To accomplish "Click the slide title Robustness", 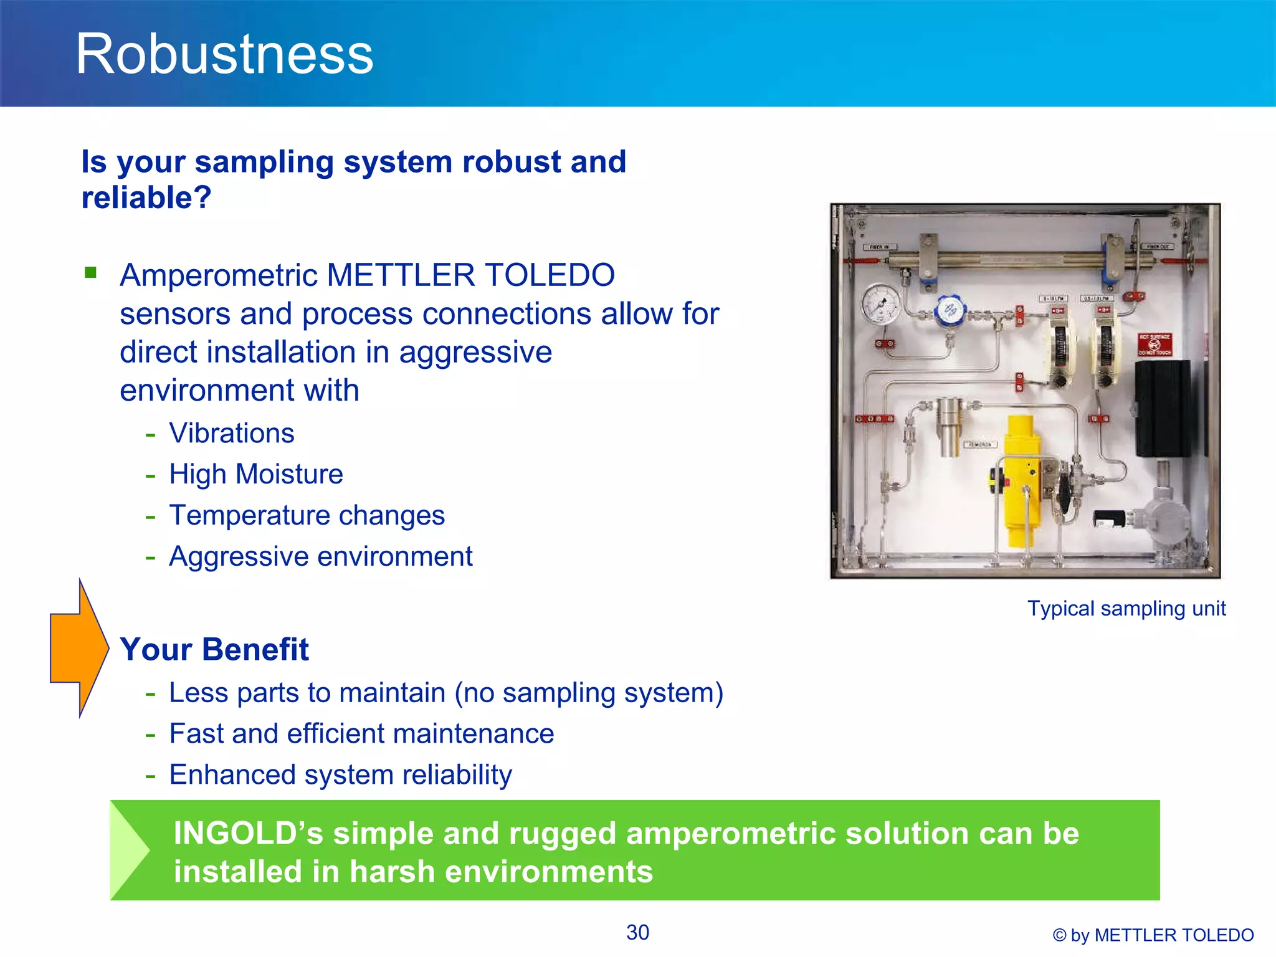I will pyautogui.click(x=224, y=55).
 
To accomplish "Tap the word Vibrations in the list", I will pyautogui.click(x=231, y=433).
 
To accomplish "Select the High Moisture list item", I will pyautogui.click(x=255, y=474).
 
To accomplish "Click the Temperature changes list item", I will pyautogui.click(x=307, y=515).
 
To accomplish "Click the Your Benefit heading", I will pyautogui.click(x=214, y=649).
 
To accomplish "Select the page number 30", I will pyautogui.click(x=637, y=933).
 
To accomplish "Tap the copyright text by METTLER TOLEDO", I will pyautogui.click(x=1153, y=935).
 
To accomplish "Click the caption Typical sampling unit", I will pyautogui.click(x=1126, y=608).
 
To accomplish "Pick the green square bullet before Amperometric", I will pyautogui.click(x=91, y=272).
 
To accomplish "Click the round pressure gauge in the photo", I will pyautogui.click(x=880, y=304).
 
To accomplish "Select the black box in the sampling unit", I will pyautogui.click(x=1161, y=408).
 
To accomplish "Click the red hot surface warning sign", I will pyautogui.click(x=1155, y=345).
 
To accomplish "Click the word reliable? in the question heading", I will pyautogui.click(x=146, y=198).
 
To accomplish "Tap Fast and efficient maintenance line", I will pyautogui.click(x=361, y=733).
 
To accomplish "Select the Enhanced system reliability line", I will pyautogui.click(x=340, y=774).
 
